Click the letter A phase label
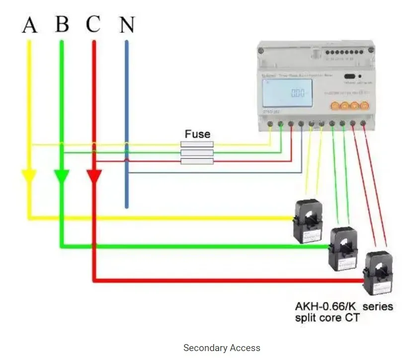pos(29,24)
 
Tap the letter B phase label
pos(62,23)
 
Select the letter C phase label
pos(93,24)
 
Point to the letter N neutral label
pos(127,24)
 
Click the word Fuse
pos(197,134)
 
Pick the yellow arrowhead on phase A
pos(29,176)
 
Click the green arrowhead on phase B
pos(62,176)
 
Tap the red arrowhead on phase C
pos(94,176)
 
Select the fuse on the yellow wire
pos(197,144)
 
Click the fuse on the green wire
pos(197,153)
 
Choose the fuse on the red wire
pos(197,161)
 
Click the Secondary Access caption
pos(222,348)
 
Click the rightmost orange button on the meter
pos(364,106)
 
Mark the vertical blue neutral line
pos(127,124)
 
